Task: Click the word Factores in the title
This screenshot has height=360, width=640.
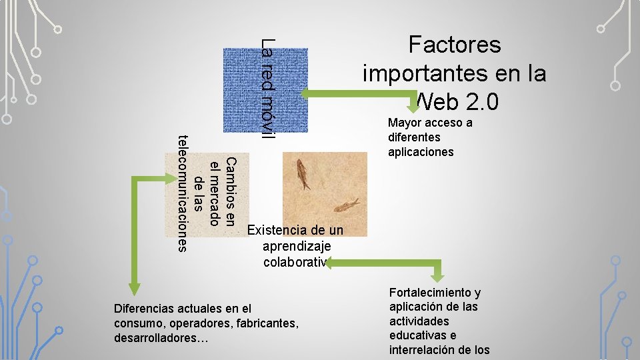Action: (x=454, y=45)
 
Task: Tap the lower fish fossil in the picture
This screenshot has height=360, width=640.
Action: (x=347, y=205)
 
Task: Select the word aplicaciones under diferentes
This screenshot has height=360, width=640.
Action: (x=421, y=152)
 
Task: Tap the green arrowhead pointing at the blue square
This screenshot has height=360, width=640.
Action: (x=315, y=93)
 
